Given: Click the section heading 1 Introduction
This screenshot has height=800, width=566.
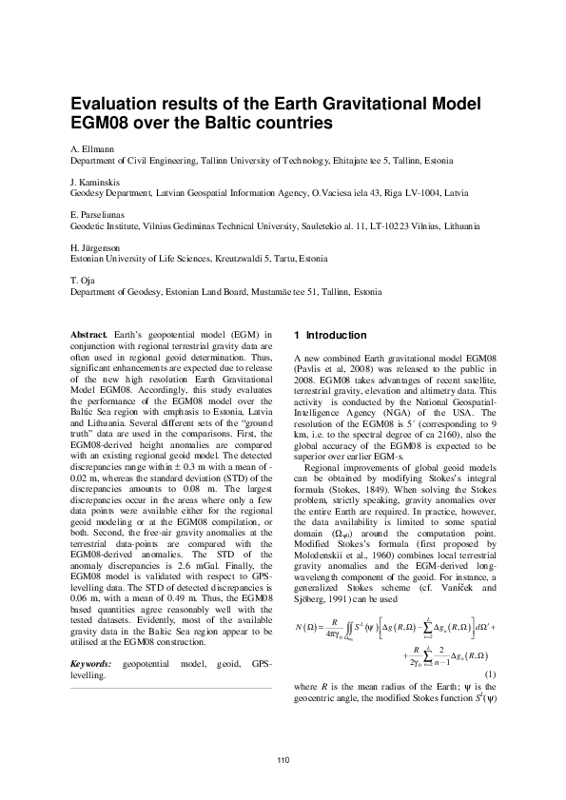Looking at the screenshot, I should click(x=331, y=336).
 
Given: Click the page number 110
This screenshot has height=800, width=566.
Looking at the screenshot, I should click(x=283, y=758).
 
